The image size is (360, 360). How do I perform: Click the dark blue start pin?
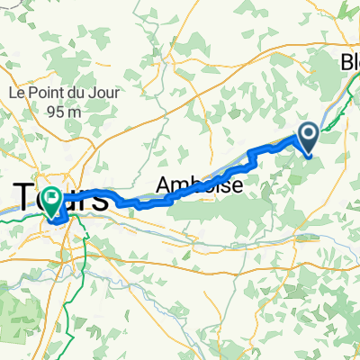(x=308, y=140)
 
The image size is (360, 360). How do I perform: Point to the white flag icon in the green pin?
(x=52, y=196)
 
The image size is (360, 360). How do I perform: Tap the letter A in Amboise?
(x=163, y=184)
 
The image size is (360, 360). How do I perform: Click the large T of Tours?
(x=25, y=198)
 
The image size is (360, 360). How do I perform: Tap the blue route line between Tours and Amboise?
(x=135, y=203)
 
